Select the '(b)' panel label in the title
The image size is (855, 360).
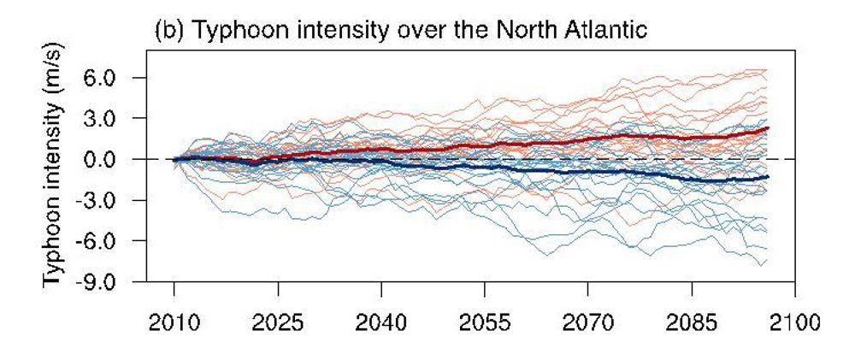[x=166, y=32]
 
